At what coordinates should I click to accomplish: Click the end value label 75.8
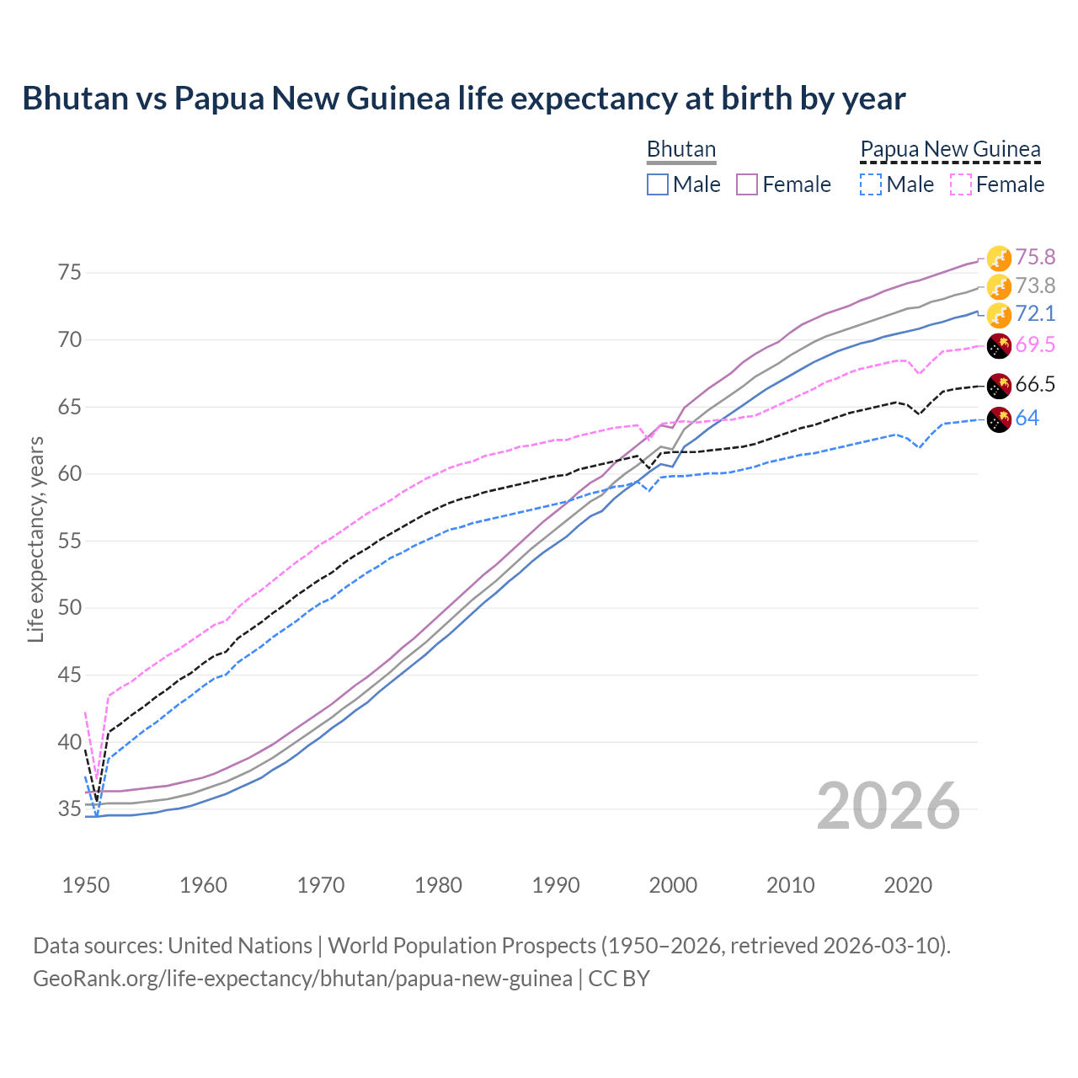point(1035,257)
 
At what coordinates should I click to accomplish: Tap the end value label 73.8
point(1035,286)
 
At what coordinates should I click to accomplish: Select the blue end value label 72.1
point(1035,314)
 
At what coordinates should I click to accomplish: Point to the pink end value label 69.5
point(1035,344)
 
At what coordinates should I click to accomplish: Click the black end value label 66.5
point(1035,385)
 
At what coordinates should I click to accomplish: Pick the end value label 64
point(1027,419)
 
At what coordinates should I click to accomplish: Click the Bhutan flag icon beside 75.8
point(999,258)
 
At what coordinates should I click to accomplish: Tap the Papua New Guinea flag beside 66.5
point(999,386)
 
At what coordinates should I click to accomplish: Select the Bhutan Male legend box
point(658,184)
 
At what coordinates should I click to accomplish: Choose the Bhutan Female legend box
point(747,184)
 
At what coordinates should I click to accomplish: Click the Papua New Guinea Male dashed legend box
point(871,184)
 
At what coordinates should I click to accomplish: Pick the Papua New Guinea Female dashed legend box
point(960,184)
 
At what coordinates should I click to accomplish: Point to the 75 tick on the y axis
point(70,273)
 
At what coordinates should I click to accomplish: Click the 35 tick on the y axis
point(70,809)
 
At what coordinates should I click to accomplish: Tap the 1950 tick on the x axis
point(86,885)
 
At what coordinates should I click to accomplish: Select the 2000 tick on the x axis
point(673,885)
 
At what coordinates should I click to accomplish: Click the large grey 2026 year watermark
point(888,806)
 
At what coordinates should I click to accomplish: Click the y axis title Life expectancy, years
point(36,539)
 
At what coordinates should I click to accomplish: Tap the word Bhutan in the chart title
point(74,99)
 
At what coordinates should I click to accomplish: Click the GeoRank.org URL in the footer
point(302,979)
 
